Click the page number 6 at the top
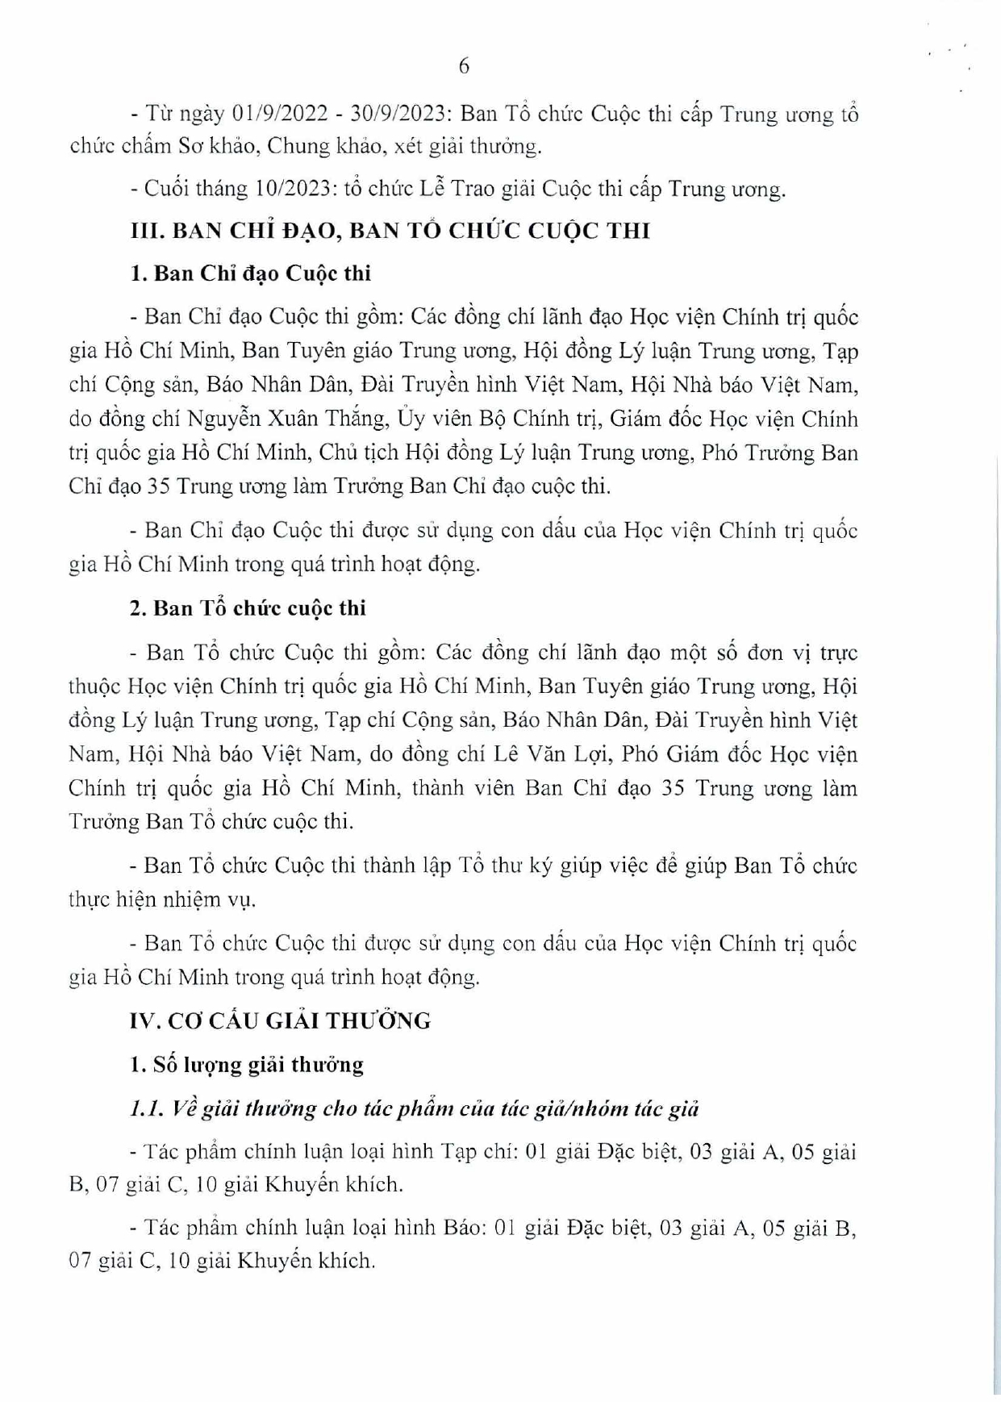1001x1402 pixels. pyautogui.click(x=464, y=66)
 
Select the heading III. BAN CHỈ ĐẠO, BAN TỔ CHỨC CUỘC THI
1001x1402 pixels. pyautogui.click(x=390, y=232)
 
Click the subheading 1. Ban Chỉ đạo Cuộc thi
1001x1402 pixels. pyautogui.click(x=250, y=273)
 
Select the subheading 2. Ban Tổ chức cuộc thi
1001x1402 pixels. pyautogui.click(x=248, y=608)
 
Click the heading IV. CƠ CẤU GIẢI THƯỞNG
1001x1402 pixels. pyautogui.click(x=280, y=1021)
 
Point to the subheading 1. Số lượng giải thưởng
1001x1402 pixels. pyautogui.click(x=246, y=1065)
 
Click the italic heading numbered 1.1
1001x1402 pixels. pyautogui.click(x=414, y=1109)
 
